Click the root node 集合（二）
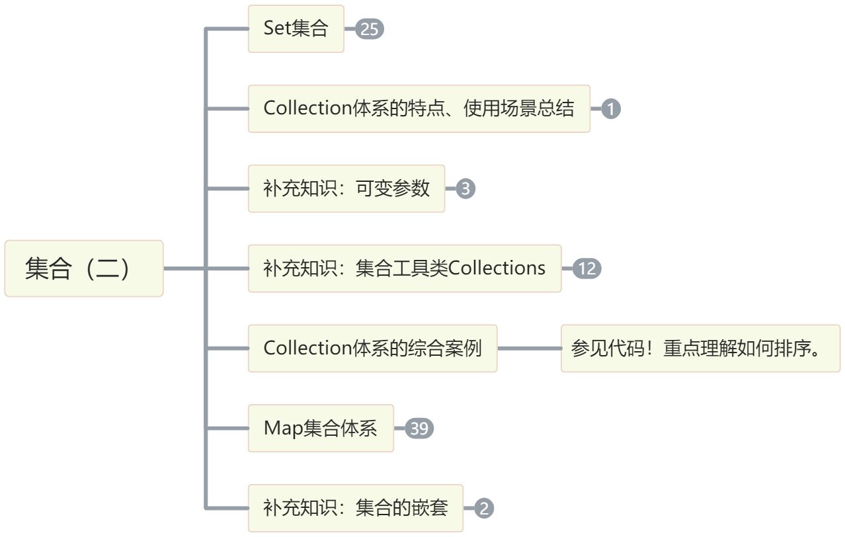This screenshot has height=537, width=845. [83, 268]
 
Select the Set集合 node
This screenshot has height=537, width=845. [296, 29]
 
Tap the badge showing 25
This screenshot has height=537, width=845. [370, 30]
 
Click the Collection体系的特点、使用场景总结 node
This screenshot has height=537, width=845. [419, 108]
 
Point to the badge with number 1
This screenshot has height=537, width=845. [611, 109]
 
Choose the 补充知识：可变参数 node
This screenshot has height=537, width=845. [346, 188]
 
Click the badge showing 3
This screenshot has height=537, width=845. [465, 189]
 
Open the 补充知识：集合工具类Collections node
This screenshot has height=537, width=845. [404, 268]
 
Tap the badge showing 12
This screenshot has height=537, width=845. [586, 269]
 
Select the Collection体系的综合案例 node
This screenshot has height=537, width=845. [372, 348]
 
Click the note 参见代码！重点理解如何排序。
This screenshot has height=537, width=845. [700, 348]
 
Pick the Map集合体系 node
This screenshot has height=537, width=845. [321, 428]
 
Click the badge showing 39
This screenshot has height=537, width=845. [419, 429]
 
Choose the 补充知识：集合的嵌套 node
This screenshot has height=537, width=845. [355, 508]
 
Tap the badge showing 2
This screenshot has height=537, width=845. [484, 509]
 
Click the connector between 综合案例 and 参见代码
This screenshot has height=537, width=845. [529, 348]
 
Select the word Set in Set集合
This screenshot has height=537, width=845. [277, 29]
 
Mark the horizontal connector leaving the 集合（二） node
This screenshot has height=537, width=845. [184, 268]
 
